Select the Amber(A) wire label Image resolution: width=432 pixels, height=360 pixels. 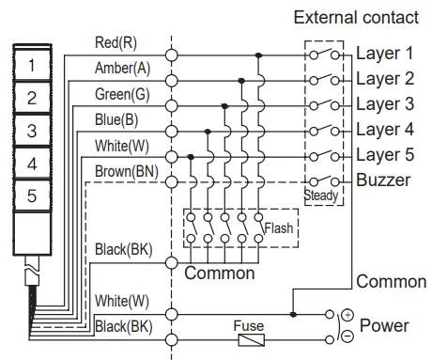pos(121,69)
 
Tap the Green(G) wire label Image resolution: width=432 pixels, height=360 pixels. pos(121,94)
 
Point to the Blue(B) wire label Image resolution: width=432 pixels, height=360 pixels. pos(116,119)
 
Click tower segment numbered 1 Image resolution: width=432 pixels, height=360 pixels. pos(32,66)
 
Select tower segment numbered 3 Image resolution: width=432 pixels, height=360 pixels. pos(32,131)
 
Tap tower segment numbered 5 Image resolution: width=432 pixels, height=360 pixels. pos(32,196)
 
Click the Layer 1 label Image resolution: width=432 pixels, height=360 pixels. pos(384,55)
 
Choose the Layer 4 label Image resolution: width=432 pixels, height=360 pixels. pos(384,130)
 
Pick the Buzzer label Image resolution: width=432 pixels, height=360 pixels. pos(382,180)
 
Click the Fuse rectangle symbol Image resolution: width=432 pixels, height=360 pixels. pos(249,337)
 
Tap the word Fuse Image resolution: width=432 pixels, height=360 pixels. pos(249,325)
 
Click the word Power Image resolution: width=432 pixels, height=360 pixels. pos(385,325)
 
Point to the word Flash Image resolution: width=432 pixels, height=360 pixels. pos(279,228)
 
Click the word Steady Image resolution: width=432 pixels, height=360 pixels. pos(322,196)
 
